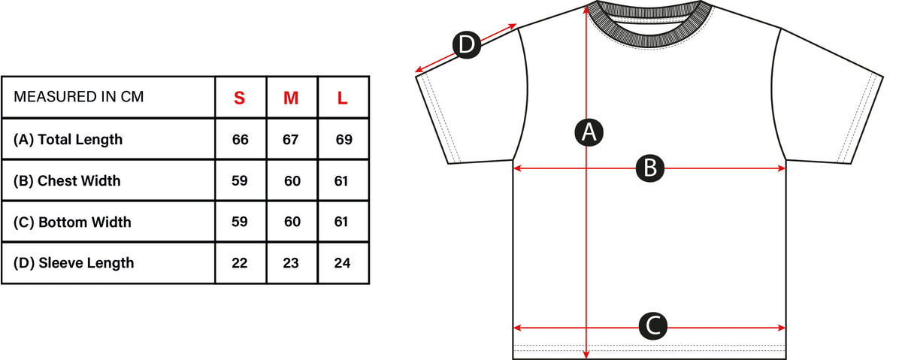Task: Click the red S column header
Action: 240,98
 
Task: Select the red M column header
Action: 291,98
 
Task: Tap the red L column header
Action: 342,98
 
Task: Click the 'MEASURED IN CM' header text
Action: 78,97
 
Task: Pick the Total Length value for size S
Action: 240,140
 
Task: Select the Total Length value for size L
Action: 344,140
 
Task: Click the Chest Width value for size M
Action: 292,181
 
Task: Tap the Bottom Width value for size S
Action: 240,222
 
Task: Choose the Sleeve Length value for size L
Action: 342,263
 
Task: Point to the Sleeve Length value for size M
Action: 291,263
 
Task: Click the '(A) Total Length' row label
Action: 68,140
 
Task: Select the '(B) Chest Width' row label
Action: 67,181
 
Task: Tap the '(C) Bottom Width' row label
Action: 72,222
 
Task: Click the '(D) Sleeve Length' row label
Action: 74,263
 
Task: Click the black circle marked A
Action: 589,132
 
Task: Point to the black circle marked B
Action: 650,168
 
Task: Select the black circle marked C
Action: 653,325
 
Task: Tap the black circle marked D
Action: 467,44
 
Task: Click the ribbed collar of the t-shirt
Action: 650,40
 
